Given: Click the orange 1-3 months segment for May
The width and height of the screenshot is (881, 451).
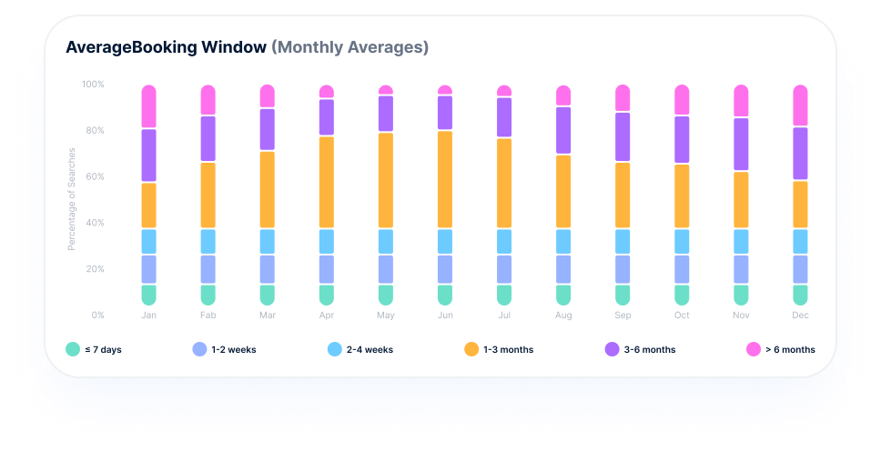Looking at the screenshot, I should coord(386,180).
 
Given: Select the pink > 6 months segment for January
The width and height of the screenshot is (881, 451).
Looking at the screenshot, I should coord(149,106).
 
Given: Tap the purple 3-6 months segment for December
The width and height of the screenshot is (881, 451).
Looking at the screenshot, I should coord(800,154).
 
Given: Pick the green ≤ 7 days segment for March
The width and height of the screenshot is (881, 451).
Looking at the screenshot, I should coord(268,295).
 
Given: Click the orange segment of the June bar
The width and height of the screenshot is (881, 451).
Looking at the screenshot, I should coord(445,179).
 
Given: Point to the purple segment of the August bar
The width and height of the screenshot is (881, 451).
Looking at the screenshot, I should coord(563,130).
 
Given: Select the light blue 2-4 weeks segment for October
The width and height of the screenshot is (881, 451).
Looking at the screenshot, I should coord(682,241).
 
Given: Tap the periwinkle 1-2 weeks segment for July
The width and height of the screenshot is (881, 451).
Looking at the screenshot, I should coord(504,269).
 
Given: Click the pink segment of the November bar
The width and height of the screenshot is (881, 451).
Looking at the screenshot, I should coord(741,101).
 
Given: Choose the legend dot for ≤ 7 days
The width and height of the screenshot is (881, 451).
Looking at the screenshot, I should coord(74,349).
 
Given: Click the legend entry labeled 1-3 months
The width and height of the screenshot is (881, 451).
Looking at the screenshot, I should coord(509,349).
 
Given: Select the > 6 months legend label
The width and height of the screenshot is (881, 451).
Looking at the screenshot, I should coord(790,349).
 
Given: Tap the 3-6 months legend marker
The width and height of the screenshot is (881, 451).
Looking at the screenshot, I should coord(613,349).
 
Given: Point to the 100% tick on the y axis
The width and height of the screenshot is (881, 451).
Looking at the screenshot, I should coord(93,85).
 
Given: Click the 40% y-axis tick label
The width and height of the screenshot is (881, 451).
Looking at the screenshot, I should coord(94,223).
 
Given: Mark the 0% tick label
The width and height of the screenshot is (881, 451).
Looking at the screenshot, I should coord(96,316).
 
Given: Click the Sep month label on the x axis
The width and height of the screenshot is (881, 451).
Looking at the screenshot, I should coord(623,316).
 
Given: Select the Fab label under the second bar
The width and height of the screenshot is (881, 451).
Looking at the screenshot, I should coord(208,316).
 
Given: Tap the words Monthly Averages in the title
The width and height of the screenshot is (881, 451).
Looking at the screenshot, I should coord(349,47).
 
